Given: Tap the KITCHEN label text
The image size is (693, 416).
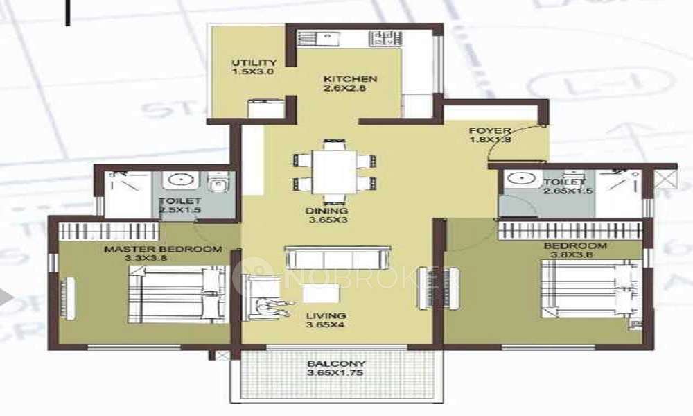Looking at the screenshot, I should pyautogui.click(x=350, y=79).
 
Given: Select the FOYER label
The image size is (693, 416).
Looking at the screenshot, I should pyautogui.click(x=490, y=130).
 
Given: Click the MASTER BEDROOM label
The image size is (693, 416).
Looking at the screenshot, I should pyautogui.click(x=163, y=249).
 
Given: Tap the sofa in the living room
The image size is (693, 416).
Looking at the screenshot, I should pyautogui.click(x=337, y=259).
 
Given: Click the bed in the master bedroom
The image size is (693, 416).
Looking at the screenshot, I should pyautogui.click(x=176, y=295).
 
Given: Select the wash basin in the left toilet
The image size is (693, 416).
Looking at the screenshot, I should pyautogui.click(x=180, y=180).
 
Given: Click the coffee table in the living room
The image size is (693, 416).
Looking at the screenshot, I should pyautogui.click(x=315, y=293).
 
